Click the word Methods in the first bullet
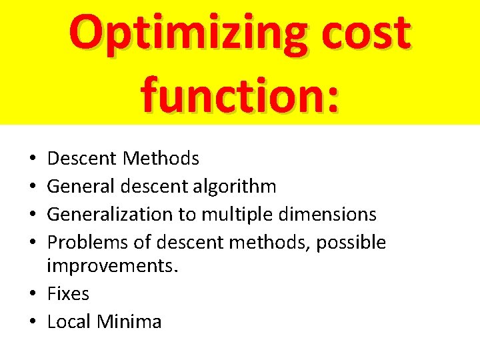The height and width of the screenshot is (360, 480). (x=161, y=159)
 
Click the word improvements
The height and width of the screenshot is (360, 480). (x=112, y=267)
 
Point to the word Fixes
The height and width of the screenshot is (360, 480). (x=68, y=293)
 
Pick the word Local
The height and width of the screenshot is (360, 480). (x=69, y=321)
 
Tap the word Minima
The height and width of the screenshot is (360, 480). (x=129, y=321)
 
